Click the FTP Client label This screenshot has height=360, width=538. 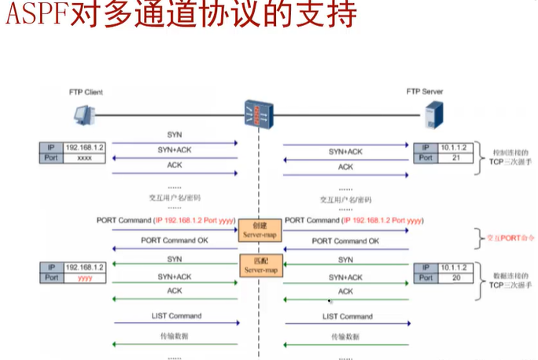click(85, 92)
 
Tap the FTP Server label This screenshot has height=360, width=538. click(425, 91)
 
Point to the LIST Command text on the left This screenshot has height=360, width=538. click(176, 316)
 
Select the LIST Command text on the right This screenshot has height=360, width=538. click(347, 316)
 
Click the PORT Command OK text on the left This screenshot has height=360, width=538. click(176, 240)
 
